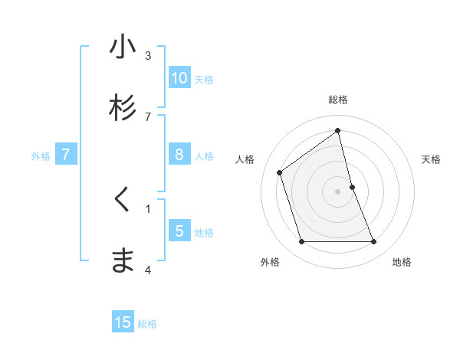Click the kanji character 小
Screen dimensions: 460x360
click(123, 47)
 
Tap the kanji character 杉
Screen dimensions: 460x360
click(123, 108)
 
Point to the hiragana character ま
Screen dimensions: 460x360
click(123, 261)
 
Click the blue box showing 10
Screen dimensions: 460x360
click(179, 78)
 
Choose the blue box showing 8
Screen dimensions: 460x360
click(179, 155)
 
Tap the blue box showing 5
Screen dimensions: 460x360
click(179, 231)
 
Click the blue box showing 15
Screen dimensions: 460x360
click(123, 322)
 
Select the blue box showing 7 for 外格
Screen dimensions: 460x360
click(66, 155)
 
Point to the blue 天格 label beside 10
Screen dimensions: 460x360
click(204, 80)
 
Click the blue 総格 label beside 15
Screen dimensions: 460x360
click(147, 324)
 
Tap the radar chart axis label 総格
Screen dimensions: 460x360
click(338, 100)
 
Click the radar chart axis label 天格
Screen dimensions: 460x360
click(432, 159)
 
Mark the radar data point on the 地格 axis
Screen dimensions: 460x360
click(374, 242)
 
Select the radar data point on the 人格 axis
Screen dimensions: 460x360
click(279, 172)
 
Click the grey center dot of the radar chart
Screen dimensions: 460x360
click(338, 191)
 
